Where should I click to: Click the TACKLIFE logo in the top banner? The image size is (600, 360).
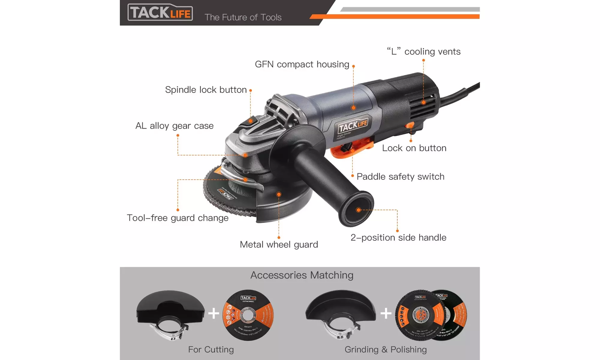coord(160,12)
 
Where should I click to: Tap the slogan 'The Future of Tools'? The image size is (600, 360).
coord(243,17)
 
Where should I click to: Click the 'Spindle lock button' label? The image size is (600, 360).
coord(206,90)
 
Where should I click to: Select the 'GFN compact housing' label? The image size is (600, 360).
coord(302,64)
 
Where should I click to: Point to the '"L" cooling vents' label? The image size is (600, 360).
coord(423,52)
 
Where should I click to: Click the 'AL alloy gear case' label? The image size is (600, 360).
coord(174,126)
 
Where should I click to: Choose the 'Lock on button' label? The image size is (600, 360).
coord(414,148)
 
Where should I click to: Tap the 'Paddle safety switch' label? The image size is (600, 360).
coord(400,177)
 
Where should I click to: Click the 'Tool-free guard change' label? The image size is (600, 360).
coord(178,218)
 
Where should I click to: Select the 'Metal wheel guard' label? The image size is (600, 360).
coord(279,244)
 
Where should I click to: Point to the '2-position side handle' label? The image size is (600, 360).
coord(398,238)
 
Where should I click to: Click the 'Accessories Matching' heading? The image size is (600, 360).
coord(302,275)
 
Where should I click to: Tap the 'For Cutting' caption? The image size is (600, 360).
coord(211,349)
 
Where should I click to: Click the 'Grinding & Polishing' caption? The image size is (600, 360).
coord(386,349)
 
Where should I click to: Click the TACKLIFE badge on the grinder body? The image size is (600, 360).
coord(353,125)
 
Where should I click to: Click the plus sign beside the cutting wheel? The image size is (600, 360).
coord(214,313)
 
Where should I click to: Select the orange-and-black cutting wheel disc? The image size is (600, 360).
coord(248,315)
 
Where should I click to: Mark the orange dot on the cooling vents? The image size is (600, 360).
coord(423,103)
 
